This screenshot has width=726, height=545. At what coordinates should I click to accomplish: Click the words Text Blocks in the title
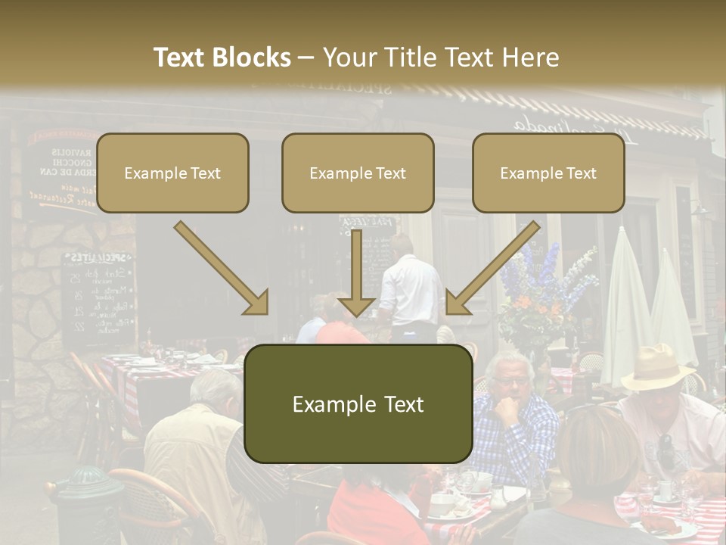[x=222, y=58]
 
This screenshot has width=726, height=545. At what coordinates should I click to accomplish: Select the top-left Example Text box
[x=172, y=173]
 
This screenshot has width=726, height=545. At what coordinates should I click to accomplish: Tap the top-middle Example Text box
[x=358, y=173]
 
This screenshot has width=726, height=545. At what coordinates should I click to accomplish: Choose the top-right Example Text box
[x=548, y=173]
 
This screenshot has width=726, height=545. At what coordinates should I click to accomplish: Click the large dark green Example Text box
[x=358, y=404]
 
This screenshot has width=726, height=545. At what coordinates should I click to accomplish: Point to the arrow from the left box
[x=222, y=269]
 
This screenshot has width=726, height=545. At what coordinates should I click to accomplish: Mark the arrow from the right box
[x=492, y=269]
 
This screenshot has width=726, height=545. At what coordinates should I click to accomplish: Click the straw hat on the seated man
[x=656, y=366]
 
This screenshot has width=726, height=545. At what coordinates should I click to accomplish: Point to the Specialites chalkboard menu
[x=98, y=295]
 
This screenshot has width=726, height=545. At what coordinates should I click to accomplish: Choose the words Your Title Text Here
[x=441, y=58]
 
